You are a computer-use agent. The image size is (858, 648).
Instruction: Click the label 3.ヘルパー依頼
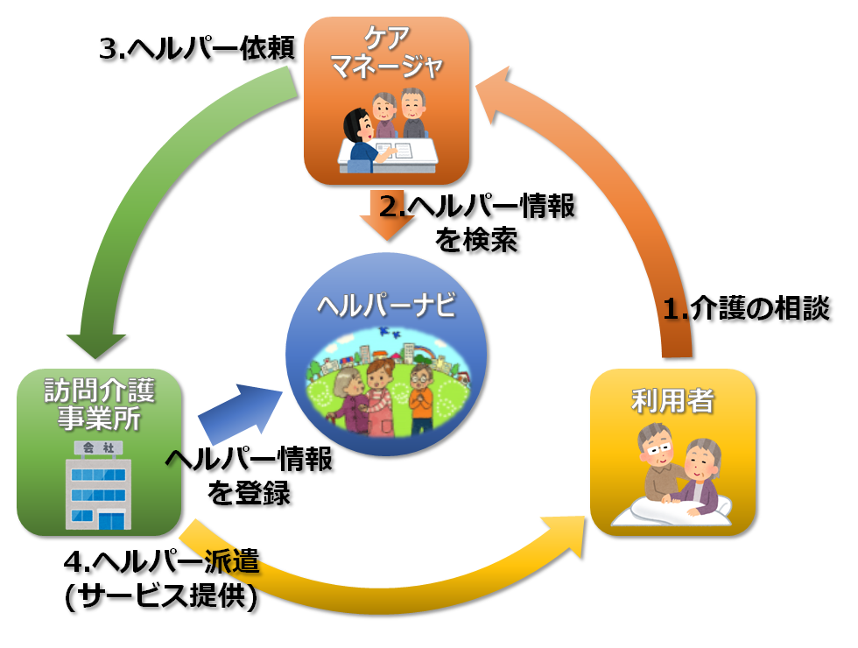pos(197,49)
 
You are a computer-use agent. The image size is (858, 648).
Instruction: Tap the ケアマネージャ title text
pos(387,53)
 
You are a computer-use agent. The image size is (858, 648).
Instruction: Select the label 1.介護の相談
pos(746,308)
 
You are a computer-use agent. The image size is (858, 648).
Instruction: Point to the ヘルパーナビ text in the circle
pos(386,305)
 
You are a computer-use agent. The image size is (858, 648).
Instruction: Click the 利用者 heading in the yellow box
pos(672,400)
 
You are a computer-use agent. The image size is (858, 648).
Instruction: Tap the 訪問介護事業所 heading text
pos(99,405)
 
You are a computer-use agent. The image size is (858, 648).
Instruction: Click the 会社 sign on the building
pos(98,447)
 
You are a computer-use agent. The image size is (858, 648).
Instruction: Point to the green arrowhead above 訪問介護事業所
pos(95,347)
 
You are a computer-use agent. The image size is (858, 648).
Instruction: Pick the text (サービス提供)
pos(161,596)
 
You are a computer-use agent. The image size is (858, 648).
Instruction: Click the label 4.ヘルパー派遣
pos(161,561)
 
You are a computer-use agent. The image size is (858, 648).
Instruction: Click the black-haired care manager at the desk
pos(364,137)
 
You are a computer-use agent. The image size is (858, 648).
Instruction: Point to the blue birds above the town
pos(390,332)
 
